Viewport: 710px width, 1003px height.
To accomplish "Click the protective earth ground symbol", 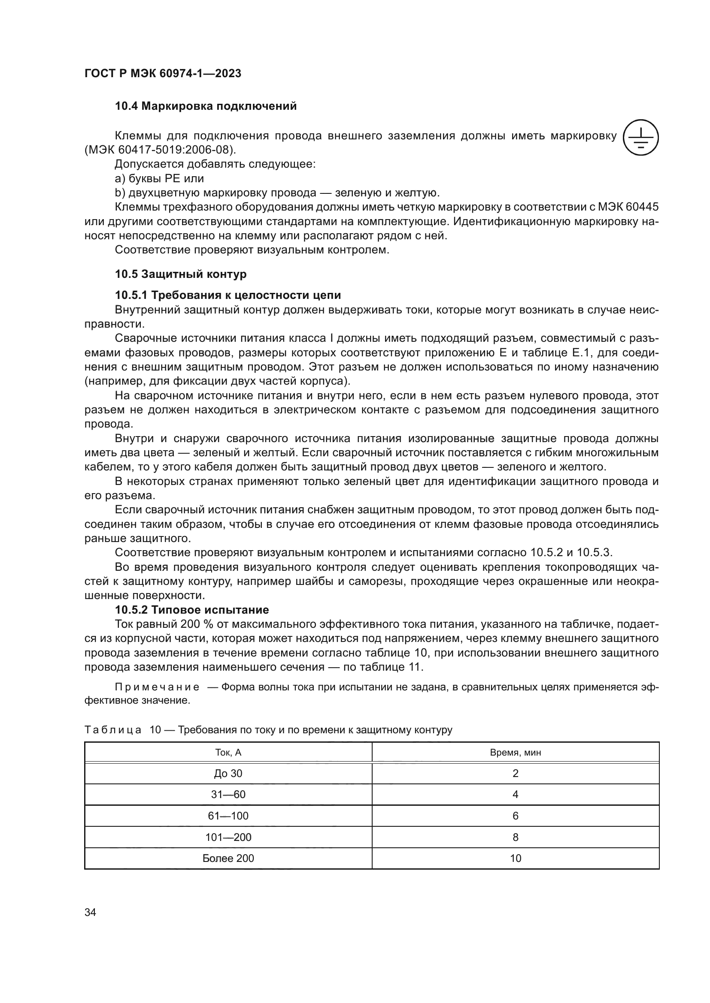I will [x=641, y=137].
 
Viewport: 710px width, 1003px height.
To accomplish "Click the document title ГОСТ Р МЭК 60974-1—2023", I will [x=163, y=73].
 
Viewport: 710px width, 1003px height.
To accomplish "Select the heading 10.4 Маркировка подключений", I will [x=206, y=106].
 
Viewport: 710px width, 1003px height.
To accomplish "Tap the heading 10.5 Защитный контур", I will [x=181, y=274].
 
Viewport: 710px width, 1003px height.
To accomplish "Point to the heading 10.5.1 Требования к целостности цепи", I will [x=228, y=295].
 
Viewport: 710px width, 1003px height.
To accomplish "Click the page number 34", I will [x=90, y=912].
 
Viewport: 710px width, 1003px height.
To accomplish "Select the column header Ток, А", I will [x=228, y=752].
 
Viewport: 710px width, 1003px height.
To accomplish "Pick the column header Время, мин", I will [x=516, y=752].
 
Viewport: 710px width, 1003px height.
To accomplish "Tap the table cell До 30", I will [x=228, y=773].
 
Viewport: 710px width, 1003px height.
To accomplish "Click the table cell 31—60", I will [x=228, y=794].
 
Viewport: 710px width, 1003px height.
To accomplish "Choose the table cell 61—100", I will [x=228, y=816].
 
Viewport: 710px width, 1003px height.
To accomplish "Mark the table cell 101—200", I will [x=228, y=837].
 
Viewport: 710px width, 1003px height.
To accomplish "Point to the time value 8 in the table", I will [x=516, y=837].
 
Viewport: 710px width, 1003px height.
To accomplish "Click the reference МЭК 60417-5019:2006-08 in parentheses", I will [x=160, y=150].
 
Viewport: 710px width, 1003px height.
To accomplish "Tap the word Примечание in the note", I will [x=157, y=687].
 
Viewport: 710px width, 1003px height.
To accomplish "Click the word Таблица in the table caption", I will [x=113, y=729].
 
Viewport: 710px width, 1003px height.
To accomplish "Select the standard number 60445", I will [x=642, y=207].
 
